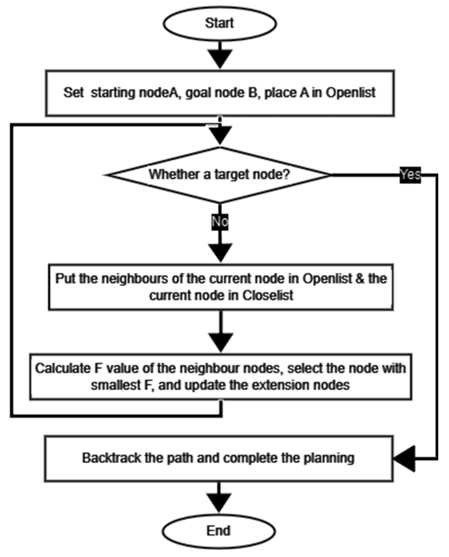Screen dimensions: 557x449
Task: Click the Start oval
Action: click(219, 23)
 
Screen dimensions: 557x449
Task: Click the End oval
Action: click(218, 530)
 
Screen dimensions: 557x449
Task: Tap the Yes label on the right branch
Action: click(410, 175)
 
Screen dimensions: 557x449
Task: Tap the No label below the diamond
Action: click(220, 222)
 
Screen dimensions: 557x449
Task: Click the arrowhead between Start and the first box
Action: click(220, 58)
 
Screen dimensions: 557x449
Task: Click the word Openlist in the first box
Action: click(351, 92)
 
